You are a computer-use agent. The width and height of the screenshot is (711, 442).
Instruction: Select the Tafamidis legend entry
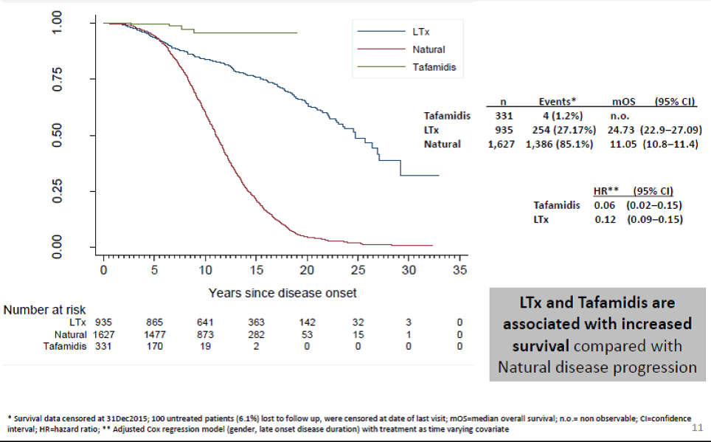pos(433,67)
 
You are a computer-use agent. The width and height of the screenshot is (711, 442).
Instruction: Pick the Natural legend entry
pos(429,49)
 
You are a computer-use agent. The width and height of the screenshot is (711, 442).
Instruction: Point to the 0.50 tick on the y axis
pos(58,136)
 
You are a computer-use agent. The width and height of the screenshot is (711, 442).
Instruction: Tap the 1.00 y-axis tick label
pos(58,24)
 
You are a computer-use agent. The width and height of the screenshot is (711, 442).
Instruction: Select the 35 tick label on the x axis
pos(459,270)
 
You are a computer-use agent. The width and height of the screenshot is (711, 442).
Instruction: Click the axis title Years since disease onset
pos(282,293)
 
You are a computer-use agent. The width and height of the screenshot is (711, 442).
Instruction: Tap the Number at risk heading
pos(44,310)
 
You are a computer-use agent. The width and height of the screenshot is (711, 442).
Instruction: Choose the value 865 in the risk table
pos(154,322)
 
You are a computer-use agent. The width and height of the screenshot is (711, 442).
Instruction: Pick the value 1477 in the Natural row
pos(154,334)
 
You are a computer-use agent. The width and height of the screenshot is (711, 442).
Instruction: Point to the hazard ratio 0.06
pos(606,205)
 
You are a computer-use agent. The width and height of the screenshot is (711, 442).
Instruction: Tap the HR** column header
pos(607,191)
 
